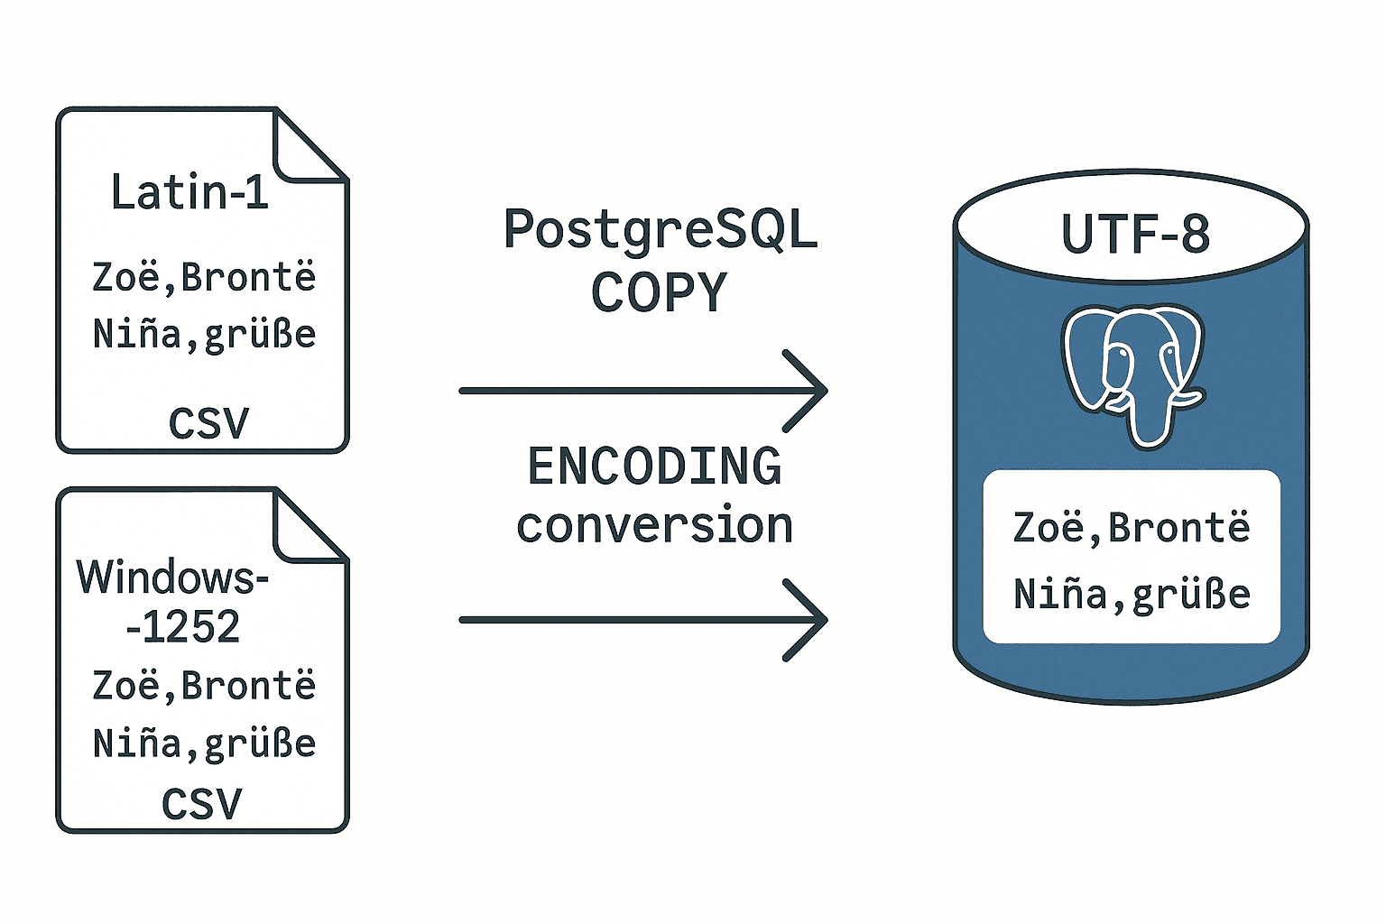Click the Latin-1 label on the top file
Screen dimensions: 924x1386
coord(189,192)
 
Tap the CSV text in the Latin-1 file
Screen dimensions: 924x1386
coord(208,423)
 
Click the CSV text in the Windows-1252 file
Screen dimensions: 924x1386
coord(202,804)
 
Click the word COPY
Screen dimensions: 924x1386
coord(659,292)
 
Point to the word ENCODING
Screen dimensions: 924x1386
coord(654,467)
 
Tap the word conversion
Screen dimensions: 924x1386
coord(654,526)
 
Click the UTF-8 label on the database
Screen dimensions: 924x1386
coord(1134,234)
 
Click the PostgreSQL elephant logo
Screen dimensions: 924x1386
coord(1133,373)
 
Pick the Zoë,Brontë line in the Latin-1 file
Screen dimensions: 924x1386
coord(204,276)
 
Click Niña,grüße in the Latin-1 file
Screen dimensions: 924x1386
coord(204,335)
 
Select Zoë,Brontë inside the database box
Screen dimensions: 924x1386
coord(1132,528)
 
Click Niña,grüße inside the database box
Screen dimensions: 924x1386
coord(1132,595)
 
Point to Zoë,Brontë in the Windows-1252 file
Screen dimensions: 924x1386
coord(204,686)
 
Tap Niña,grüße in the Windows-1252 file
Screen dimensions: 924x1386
coord(204,744)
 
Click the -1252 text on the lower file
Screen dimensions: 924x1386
coord(183,627)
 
